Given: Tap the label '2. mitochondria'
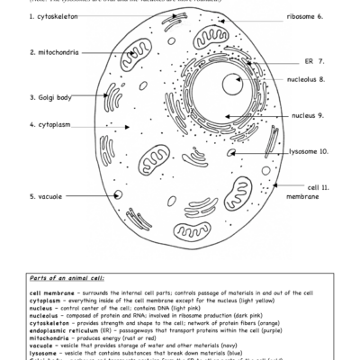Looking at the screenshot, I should pos(58,52).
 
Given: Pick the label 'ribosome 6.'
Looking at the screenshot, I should pos(305,17).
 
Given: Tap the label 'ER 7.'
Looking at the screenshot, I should pos(315,61).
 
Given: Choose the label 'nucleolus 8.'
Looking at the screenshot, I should pos(306,79).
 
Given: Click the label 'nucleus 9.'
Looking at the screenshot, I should pos(308,116).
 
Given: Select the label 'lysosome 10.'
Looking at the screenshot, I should pos(308,152).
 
